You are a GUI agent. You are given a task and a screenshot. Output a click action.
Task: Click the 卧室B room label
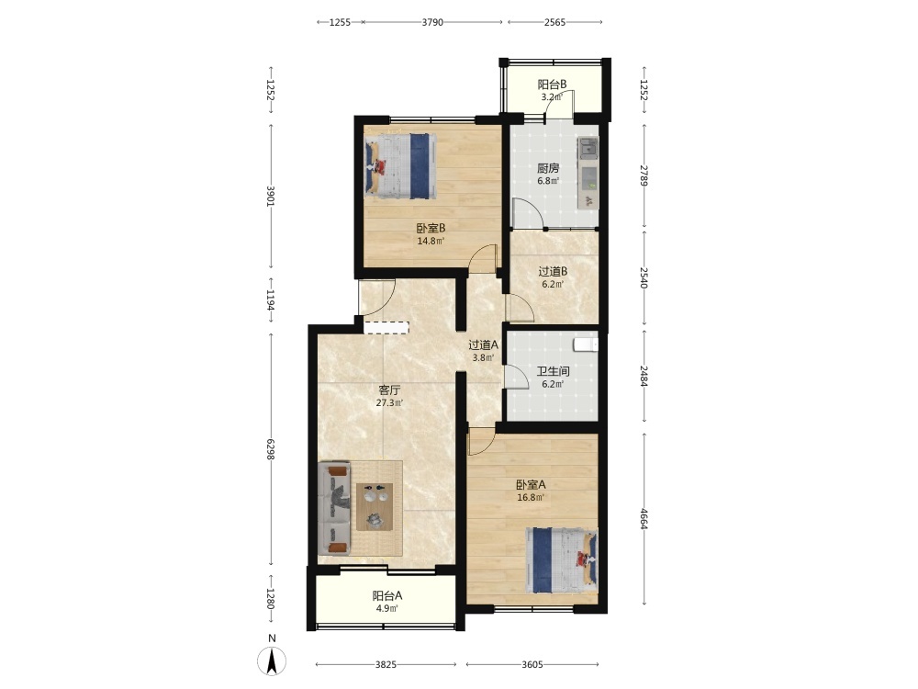point(431,229)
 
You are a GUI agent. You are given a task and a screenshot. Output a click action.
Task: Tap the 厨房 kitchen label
point(548,169)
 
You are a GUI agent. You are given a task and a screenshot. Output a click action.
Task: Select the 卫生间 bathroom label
point(554,371)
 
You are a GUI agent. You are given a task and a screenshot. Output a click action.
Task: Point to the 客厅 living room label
point(389,390)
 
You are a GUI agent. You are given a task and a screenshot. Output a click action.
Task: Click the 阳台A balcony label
point(387,596)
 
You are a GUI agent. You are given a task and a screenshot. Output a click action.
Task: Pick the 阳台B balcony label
point(552,85)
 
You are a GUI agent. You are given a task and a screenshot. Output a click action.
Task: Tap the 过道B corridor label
point(554,272)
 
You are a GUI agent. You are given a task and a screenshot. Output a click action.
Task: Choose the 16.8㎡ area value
point(531,498)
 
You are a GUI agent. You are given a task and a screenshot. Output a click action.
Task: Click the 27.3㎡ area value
point(389,403)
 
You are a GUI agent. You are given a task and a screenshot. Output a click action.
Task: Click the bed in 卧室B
point(401,165)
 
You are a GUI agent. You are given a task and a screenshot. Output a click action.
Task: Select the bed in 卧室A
point(562,560)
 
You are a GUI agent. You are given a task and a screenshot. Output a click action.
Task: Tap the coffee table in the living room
point(375,507)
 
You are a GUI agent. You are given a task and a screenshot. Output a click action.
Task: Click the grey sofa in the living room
point(334,509)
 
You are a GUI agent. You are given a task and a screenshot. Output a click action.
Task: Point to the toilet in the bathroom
point(586,344)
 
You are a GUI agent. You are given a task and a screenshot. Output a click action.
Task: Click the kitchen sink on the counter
point(588,149)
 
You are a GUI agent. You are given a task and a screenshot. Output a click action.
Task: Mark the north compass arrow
point(272,661)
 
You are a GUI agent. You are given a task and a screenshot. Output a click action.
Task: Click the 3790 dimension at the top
point(432,22)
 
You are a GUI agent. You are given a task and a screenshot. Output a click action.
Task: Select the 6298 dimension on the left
point(271,448)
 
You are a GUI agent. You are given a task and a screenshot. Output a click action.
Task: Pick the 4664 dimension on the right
point(644,518)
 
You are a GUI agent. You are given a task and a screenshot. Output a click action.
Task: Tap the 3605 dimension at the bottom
point(532,664)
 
